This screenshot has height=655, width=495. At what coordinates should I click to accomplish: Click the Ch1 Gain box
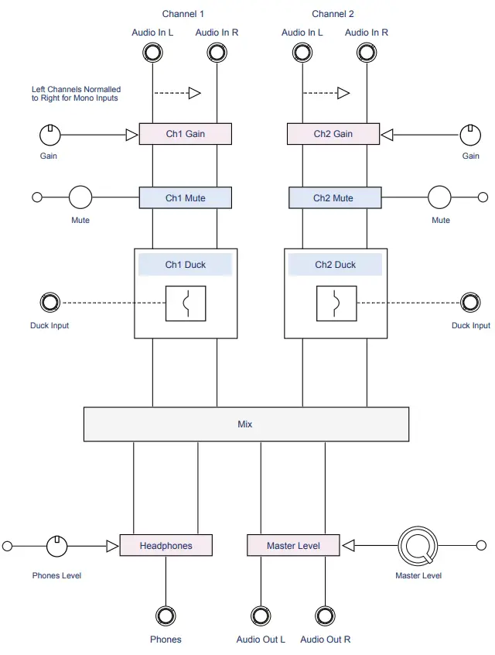[x=185, y=134]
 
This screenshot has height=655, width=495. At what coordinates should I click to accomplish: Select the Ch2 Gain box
[x=333, y=134]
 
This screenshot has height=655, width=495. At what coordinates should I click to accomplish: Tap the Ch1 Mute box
[x=185, y=198]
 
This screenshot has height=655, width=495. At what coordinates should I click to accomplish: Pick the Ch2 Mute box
[x=334, y=198]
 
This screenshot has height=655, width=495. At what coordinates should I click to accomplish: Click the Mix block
[x=245, y=424]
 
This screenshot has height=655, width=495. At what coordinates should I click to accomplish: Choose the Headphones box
[x=166, y=546]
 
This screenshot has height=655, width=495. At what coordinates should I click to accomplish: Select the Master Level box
[x=293, y=546]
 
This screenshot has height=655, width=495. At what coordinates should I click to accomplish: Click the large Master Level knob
[x=418, y=546]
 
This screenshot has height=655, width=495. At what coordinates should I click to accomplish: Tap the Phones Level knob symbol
[x=58, y=546]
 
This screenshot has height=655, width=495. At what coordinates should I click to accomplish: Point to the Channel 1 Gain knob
[x=49, y=135]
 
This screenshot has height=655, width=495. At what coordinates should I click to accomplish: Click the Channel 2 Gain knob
[x=470, y=135]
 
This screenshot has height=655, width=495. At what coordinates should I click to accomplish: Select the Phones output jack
[x=166, y=616]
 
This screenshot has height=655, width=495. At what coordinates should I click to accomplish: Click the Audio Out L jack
[x=261, y=616]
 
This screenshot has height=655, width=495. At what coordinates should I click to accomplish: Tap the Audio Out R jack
[x=325, y=616]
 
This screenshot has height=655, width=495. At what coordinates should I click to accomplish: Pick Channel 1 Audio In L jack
[x=152, y=53]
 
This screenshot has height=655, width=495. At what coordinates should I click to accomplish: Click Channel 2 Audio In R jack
[x=367, y=53]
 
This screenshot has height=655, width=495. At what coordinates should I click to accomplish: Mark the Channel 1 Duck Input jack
[x=49, y=302]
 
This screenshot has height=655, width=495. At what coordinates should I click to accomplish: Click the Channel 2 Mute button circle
[x=440, y=197]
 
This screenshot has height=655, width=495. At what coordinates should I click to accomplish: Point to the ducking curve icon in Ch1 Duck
[x=186, y=303]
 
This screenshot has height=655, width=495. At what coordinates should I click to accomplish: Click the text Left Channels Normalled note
[x=76, y=94]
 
